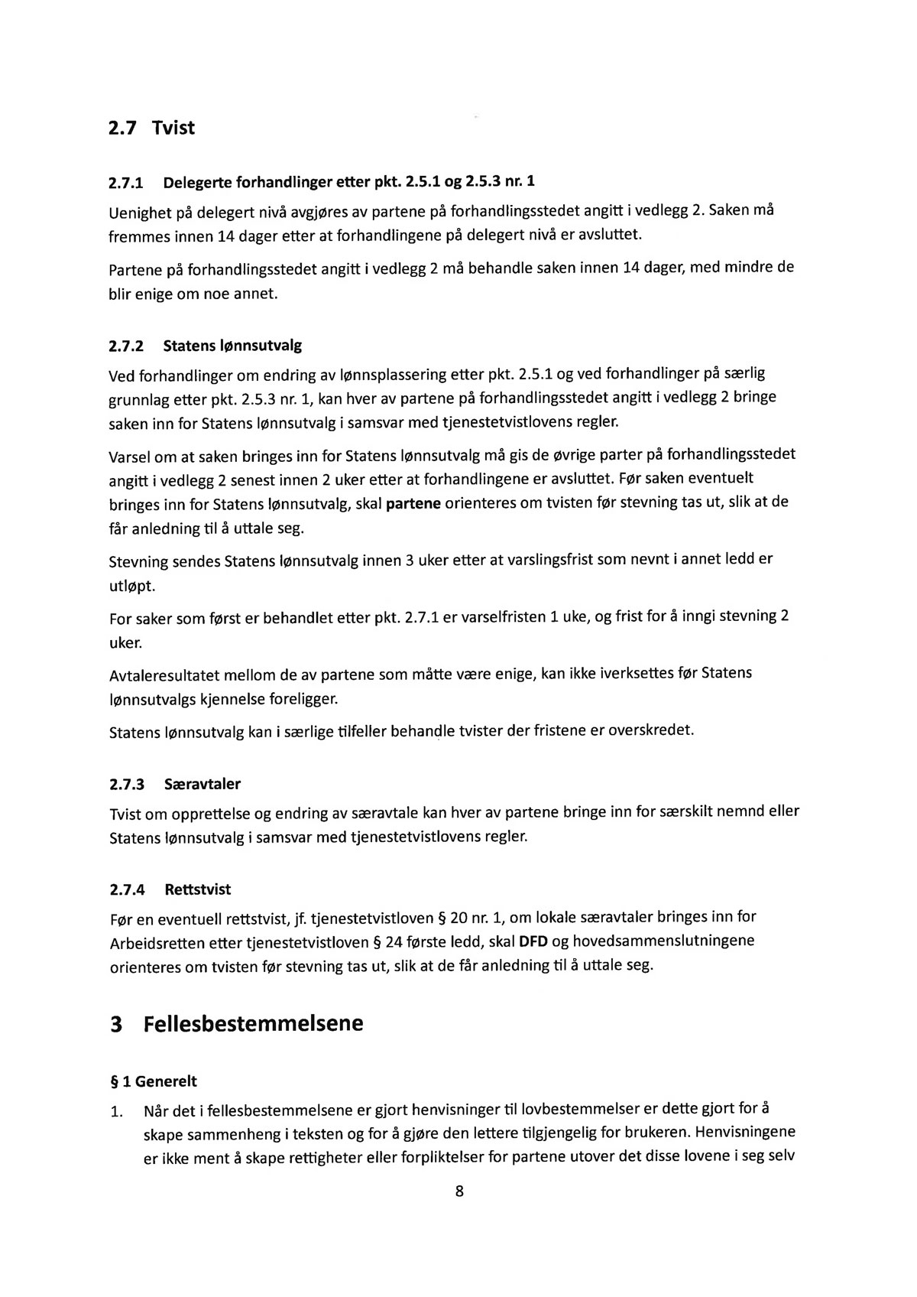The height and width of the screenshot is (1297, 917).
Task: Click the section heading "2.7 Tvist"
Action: coord(151,128)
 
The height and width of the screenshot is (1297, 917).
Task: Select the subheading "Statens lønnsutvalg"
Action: coord(232,346)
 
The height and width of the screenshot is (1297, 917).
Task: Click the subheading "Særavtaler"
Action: coord(202,785)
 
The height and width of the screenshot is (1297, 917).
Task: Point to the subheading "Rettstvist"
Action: coord(197,890)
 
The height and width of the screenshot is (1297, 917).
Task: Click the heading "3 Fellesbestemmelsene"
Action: coord(237,1024)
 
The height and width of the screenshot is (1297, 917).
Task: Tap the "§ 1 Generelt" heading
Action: coord(153,1082)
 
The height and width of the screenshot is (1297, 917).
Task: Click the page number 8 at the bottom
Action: coord(458,1191)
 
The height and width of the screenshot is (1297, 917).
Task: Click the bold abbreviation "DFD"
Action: coord(533,941)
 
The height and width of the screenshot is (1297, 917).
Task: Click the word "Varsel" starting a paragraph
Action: coord(130,457)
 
